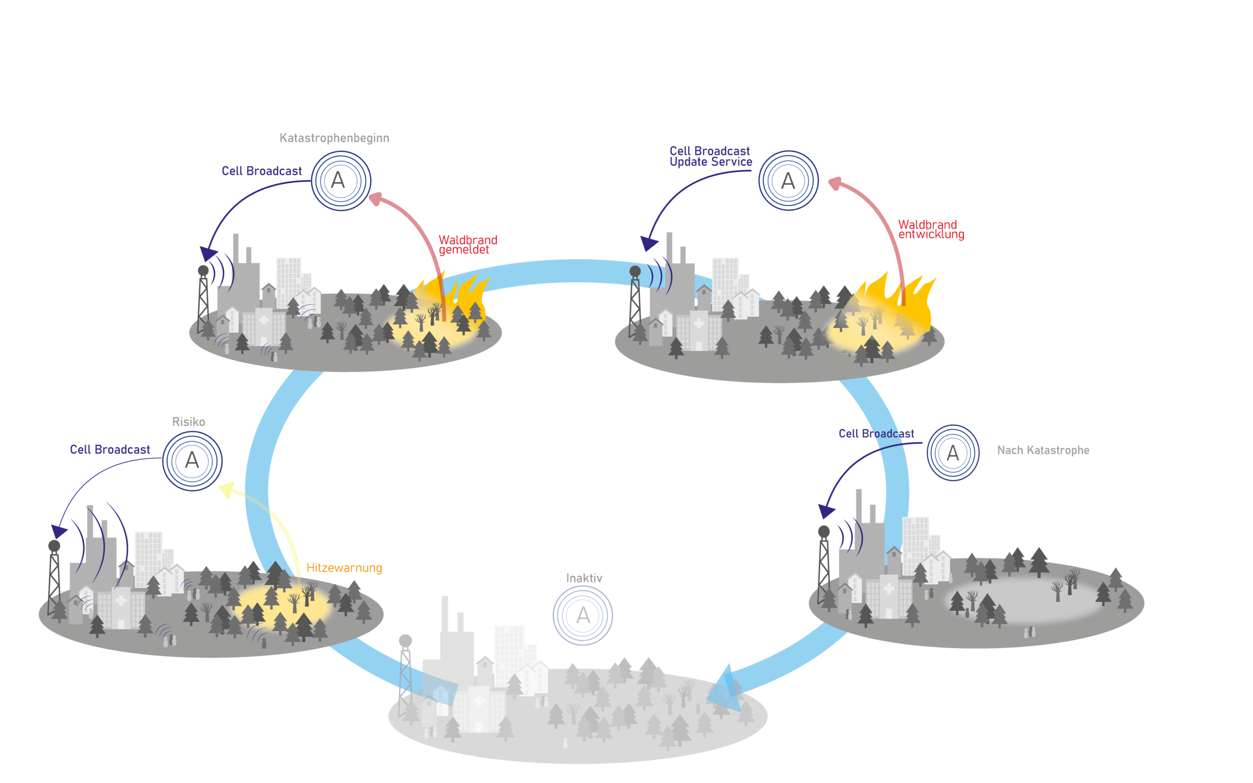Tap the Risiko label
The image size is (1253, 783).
pos(188,422)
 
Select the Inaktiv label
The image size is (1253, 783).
pos(584,578)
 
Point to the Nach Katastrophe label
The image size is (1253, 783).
pos(1043,451)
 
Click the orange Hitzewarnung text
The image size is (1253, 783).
pos(344,568)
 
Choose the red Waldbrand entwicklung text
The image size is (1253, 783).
pos(930,230)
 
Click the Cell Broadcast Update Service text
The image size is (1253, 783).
pos(710,157)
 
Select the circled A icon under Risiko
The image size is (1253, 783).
pos(192,461)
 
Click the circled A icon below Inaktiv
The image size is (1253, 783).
pos(582,616)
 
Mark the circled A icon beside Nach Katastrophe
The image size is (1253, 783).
pos(952,453)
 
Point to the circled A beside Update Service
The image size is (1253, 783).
pos(788,181)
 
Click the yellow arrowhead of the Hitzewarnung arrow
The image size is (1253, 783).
pos(226,490)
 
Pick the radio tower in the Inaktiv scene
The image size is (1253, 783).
pos(405,673)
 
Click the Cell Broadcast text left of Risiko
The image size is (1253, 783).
pos(110,450)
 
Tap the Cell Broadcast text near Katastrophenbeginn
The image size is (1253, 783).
pos(261,171)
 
